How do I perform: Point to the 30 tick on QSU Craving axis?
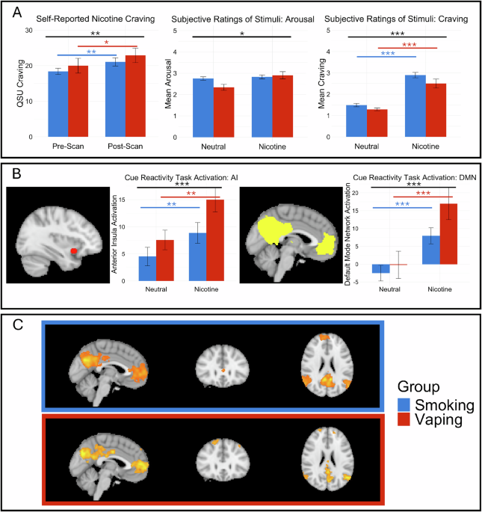[x=28, y=30]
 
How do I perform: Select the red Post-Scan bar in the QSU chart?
[x=135, y=96]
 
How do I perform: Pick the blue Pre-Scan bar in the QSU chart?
[x=58, y=104]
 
